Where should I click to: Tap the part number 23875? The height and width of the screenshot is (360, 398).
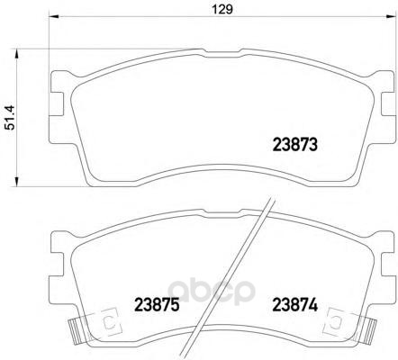(x=158, y=305)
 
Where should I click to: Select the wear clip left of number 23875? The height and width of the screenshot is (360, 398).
(x=107, y=321)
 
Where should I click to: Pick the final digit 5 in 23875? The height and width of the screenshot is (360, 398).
(x=176, y=305)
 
